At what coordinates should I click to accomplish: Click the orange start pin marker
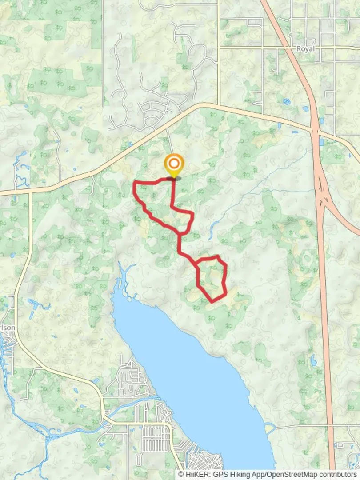pyautogui.click(x=173, y=164)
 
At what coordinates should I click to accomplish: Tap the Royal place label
pyautogui.click(x=305, y=49)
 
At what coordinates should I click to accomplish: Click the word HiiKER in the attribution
pyautogui.click(x=196, y=474)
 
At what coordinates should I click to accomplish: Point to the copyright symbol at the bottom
pyautogui.click(x=181, y=474)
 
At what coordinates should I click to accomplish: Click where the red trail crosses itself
pyautogui.click(x=180, y=233)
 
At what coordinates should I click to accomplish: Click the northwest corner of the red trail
pyautogui.click(x=135, y=183)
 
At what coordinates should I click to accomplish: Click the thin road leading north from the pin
pyautogui.click(x=169, y=142)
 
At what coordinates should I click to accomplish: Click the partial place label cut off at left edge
pyautogui.click(x=8, y=328)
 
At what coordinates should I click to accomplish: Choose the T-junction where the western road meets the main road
pyautogui.click(x=30, y=193)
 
